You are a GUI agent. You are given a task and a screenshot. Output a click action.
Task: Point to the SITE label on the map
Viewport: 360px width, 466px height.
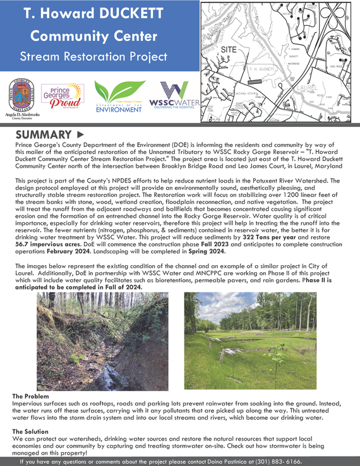pos(231,49)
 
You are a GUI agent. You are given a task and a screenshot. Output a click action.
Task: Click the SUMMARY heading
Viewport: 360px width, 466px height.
pos(42,134)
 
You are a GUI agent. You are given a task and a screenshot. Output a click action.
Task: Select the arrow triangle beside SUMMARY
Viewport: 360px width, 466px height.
pos(80,134)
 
